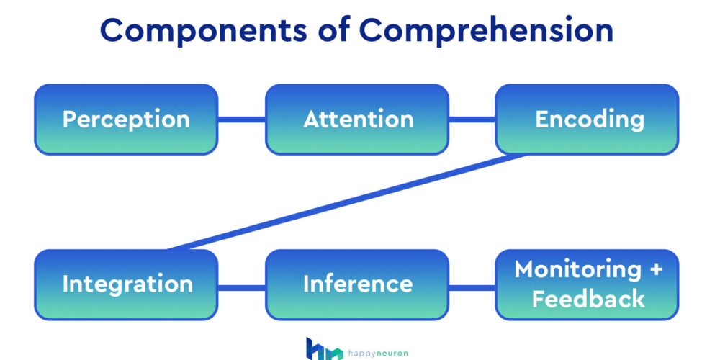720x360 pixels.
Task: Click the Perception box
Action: pos(126,120)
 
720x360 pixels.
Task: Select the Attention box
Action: pos(357,120)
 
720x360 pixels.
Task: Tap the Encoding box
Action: pos(587,120)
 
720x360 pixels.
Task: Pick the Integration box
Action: pos(126,284)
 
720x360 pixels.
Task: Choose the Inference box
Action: pos(357,284)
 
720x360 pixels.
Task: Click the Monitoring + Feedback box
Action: pos(587,284)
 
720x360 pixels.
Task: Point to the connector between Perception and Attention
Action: pos(241,120)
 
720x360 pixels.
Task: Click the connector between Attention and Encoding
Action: pos(472,120)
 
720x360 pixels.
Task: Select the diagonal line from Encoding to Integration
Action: pos(346,202)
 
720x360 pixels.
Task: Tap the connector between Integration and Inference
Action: pos(241,287)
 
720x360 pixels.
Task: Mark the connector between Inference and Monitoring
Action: pos(472,287)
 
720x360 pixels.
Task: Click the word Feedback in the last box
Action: pos(588,298)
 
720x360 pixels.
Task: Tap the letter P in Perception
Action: pos(70,120)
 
